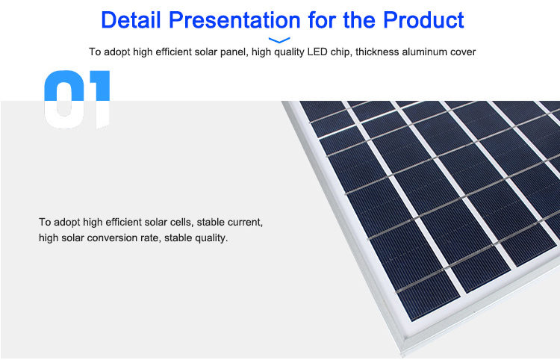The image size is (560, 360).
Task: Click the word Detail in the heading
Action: [x=131, y=19]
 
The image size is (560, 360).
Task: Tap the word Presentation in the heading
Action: [x=234, y=19]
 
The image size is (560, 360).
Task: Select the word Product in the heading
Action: [x=423, y=19]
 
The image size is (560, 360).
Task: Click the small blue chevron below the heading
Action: [x=279, y=40]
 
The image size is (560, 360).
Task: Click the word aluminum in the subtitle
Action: [x=424, y=52]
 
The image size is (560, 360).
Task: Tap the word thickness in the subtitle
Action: [x=377, y=52]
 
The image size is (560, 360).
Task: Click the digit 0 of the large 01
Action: [x=63, y=99]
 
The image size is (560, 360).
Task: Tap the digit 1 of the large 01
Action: [x=99, y=99]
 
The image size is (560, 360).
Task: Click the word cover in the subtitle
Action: [x=463, y=52]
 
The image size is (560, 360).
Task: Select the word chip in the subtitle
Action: [x=340, y=52]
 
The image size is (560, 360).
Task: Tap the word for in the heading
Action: [x=322, y=19]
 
